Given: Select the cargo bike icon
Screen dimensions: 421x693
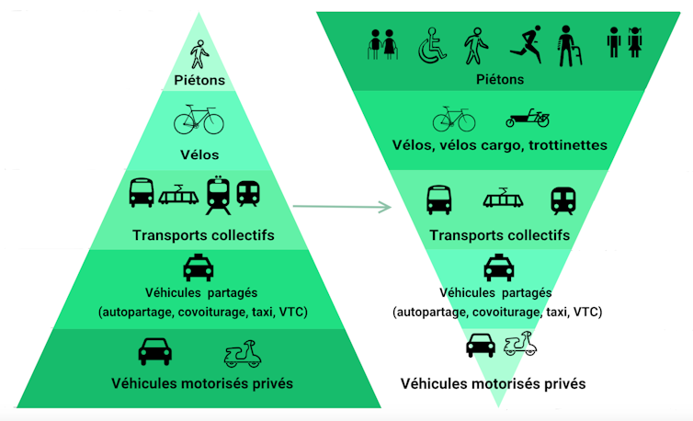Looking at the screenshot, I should [528, 118].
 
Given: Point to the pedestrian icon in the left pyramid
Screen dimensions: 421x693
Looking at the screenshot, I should [199, 54].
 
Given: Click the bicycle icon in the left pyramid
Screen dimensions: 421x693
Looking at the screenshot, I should [199, 119].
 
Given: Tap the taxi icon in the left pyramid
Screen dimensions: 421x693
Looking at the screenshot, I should [199, 268].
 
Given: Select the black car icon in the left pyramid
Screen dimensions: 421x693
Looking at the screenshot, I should [155, 351].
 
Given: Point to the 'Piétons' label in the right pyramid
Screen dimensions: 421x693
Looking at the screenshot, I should [500, 80].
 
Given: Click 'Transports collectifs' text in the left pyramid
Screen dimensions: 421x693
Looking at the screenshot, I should [203, 235].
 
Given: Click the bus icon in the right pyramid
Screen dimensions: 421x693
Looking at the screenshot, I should [439, 199].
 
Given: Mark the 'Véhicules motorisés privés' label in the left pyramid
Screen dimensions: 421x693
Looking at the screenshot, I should [202, 382].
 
